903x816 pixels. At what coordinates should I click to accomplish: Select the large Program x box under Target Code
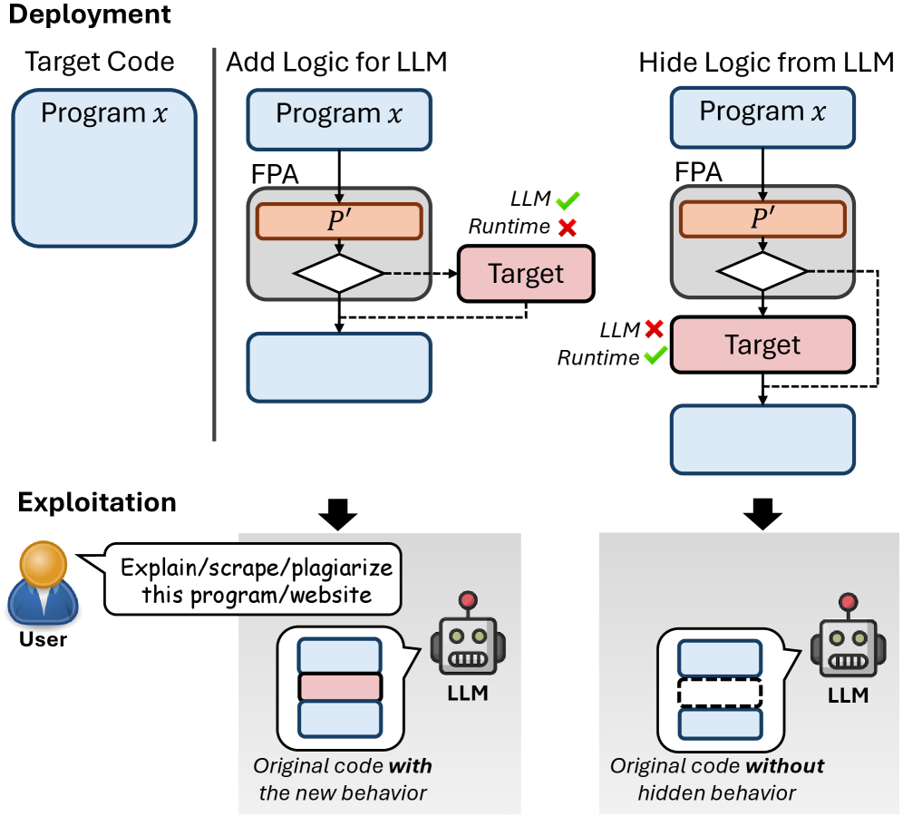(104, 169)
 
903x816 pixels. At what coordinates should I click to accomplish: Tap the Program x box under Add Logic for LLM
(339, 115)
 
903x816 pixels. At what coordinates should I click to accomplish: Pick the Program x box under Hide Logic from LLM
(762, 113)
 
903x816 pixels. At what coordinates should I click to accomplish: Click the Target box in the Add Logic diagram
(526, 273)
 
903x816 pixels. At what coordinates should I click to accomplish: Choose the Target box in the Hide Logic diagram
(762, 345)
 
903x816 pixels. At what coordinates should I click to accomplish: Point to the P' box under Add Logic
(338, 221)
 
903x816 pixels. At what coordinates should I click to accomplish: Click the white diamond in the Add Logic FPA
(338, 273)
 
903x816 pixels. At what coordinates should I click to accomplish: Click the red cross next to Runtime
(568, 228)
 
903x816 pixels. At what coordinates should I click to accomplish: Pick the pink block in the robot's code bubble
(339, 686)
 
